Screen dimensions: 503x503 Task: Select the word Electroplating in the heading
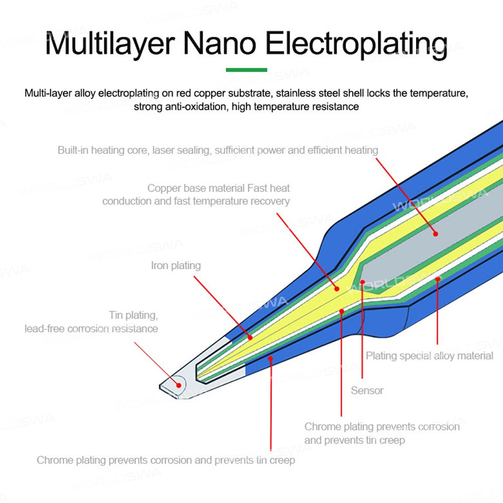click(356, 44)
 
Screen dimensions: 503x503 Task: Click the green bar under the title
click(246, 69)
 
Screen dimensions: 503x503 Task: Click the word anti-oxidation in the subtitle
click(194, 106)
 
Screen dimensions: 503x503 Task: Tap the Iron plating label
click(176, 266)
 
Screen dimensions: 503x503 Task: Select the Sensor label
click(367, 390)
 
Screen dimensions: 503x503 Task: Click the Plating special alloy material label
click(430, 356)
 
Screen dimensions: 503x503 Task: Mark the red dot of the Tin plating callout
click(179, 385)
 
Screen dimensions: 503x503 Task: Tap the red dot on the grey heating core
click(436, 233)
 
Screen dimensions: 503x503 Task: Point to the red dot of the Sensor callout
click(362, 282)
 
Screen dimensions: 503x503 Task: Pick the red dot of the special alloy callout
click(438, 279)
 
